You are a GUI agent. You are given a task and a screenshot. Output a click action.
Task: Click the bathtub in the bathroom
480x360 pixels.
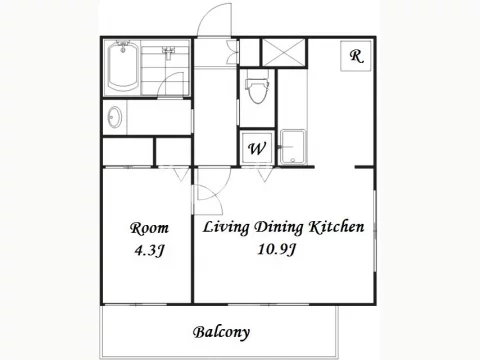(122, 67)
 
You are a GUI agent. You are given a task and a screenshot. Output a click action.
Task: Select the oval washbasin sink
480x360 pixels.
(115, 117)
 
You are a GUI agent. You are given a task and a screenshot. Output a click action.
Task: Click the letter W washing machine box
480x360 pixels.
(257, 148)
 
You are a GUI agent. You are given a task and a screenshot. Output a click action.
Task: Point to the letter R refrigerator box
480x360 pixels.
(356, 56)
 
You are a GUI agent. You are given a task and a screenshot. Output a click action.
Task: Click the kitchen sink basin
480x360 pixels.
(293, 147)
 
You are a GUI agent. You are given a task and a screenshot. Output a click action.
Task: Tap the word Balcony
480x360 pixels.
(221, 332)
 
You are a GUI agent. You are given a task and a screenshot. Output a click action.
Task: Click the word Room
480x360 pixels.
(149, 228)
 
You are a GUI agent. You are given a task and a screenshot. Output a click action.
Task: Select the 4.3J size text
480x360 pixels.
(150, 250)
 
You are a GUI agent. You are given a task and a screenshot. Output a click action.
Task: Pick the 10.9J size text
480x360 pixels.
(276, 249)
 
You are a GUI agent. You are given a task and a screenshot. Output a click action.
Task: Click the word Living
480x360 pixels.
(226, 228)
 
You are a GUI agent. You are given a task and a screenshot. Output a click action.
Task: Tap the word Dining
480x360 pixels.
(279, 228)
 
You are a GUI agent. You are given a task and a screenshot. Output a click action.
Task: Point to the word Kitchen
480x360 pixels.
(336, 227)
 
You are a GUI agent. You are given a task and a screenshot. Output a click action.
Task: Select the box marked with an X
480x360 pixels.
(284, 53)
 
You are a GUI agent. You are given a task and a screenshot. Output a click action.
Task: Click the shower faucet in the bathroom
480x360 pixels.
(168, 52)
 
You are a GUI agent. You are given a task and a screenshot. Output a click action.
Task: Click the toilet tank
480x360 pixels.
(258, 83)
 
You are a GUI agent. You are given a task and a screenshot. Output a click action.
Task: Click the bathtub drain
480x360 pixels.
(123, 50)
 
